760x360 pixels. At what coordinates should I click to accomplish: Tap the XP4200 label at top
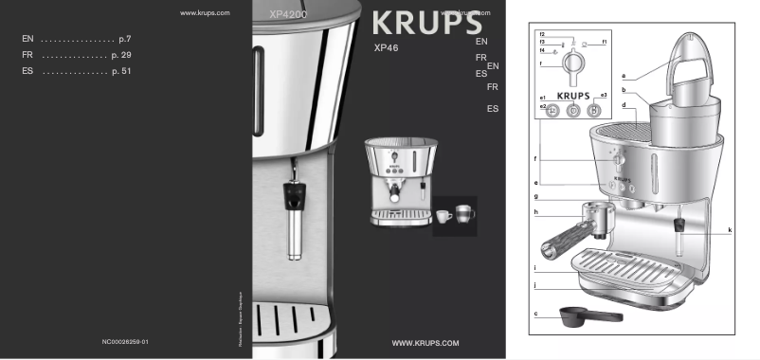pos(289,16)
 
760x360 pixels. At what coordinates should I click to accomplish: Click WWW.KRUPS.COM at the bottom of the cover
pos(425,341)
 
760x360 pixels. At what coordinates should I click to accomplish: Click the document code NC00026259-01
pos(125,340)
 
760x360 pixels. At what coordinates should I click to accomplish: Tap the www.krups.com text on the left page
pos(205,13)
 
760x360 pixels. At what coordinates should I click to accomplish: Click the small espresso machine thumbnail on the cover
pos(401,180)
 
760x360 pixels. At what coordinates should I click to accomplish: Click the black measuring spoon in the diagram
pos(588,315)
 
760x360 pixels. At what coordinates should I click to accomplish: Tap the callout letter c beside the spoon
pos(536,313)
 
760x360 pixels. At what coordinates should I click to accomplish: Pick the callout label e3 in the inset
pos(604,98)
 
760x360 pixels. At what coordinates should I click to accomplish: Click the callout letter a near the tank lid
pos(624,74)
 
